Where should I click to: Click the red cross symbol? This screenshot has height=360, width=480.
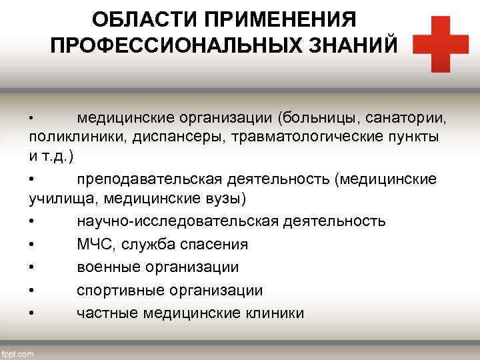(x=440, y=43)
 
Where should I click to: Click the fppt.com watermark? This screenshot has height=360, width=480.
(x=18, y=353)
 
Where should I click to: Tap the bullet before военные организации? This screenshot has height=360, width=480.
(x=33, y=267)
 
